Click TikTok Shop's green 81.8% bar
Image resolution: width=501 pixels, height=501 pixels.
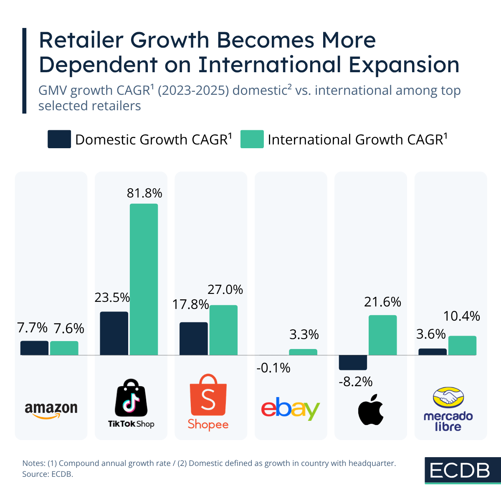tap(144, 279)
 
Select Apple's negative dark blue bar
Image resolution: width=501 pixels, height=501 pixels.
tap(353, 362)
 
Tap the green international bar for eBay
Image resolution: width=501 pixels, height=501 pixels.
tap(303, 352)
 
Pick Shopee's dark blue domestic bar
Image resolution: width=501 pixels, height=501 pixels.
tap(193, 339)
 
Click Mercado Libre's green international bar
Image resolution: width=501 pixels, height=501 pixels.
tap(462, 346)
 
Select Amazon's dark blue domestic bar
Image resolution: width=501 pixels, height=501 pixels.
tap(34, 348)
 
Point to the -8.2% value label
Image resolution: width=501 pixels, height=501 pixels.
tap(355, 382)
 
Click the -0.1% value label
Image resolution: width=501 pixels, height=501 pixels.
tap(273, 368)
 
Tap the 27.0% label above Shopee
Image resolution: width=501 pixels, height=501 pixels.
tap(225, 289)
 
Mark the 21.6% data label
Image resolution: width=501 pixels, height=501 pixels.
tap(382, 302)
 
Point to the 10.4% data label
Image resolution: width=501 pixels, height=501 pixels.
tap(461, 316)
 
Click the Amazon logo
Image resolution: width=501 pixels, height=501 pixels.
tap(51, 410)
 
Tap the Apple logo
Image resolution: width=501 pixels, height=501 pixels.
tap(371, 409)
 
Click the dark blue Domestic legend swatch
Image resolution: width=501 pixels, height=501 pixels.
tap(59, 139)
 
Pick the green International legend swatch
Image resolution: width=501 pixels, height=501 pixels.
tap(252, 139)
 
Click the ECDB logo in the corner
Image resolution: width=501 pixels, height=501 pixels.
tap(460, 471)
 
